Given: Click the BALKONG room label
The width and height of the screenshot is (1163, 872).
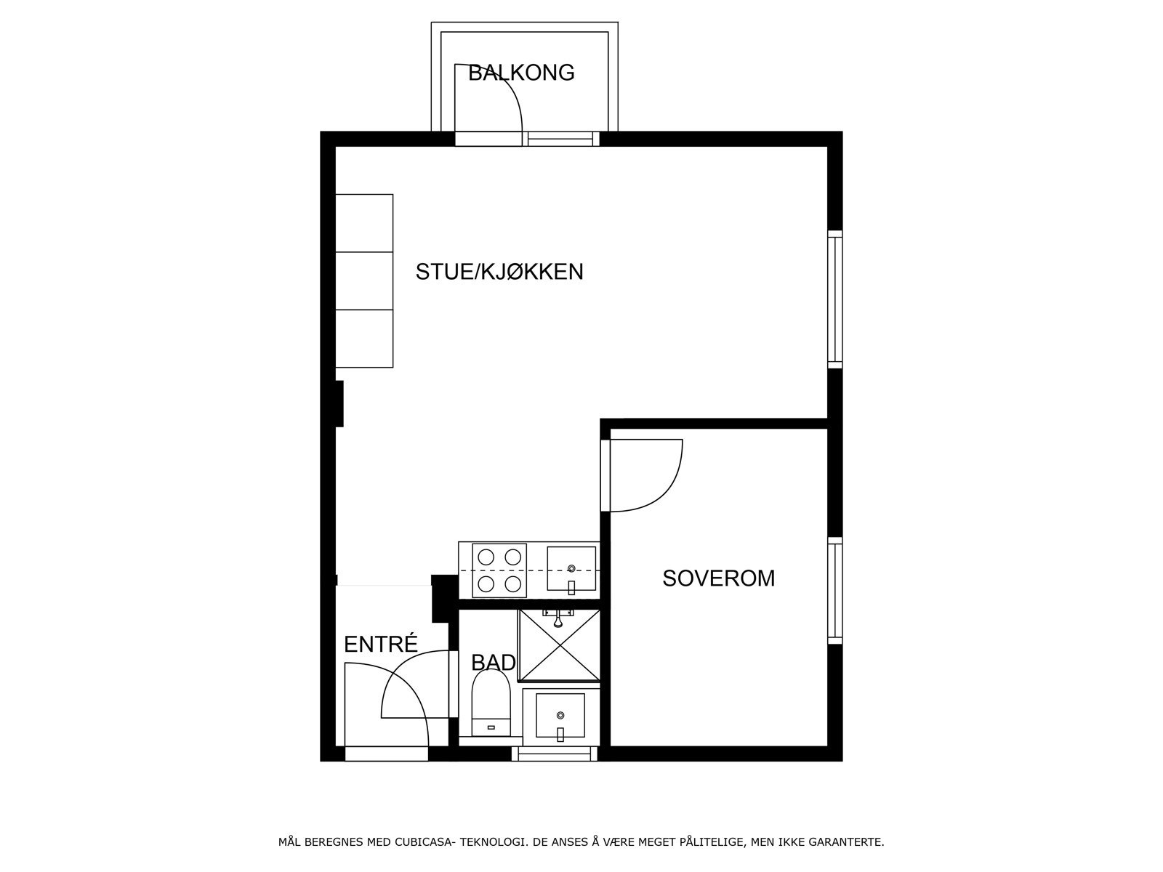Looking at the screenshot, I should pos(521,73).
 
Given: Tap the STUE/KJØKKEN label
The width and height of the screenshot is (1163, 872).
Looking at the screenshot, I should pos(499,272).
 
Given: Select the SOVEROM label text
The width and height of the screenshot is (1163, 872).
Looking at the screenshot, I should pos(718,578).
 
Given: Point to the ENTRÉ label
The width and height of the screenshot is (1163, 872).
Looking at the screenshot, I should pos(381,645).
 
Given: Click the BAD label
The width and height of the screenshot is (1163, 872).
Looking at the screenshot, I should pos(494,663).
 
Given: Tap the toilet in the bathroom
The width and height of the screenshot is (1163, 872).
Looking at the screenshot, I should pos(491,702).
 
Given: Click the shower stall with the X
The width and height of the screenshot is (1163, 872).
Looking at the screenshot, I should pos(559,645).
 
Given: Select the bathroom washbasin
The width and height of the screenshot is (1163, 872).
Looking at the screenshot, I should pos(560,716).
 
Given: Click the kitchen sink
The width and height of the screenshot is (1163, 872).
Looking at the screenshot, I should pos(571,570).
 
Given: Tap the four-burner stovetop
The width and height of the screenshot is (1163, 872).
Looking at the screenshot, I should pos(499,570).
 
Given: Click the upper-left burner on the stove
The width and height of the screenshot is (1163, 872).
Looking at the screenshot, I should pos(486,557).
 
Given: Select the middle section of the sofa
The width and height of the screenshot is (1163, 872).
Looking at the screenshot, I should pos(364,280).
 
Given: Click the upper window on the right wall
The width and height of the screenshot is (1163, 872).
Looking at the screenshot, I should pos(835,299).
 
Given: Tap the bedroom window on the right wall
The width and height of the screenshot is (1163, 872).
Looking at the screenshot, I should pos(835,590).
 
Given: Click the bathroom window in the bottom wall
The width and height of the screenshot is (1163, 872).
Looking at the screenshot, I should pos(555,754).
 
